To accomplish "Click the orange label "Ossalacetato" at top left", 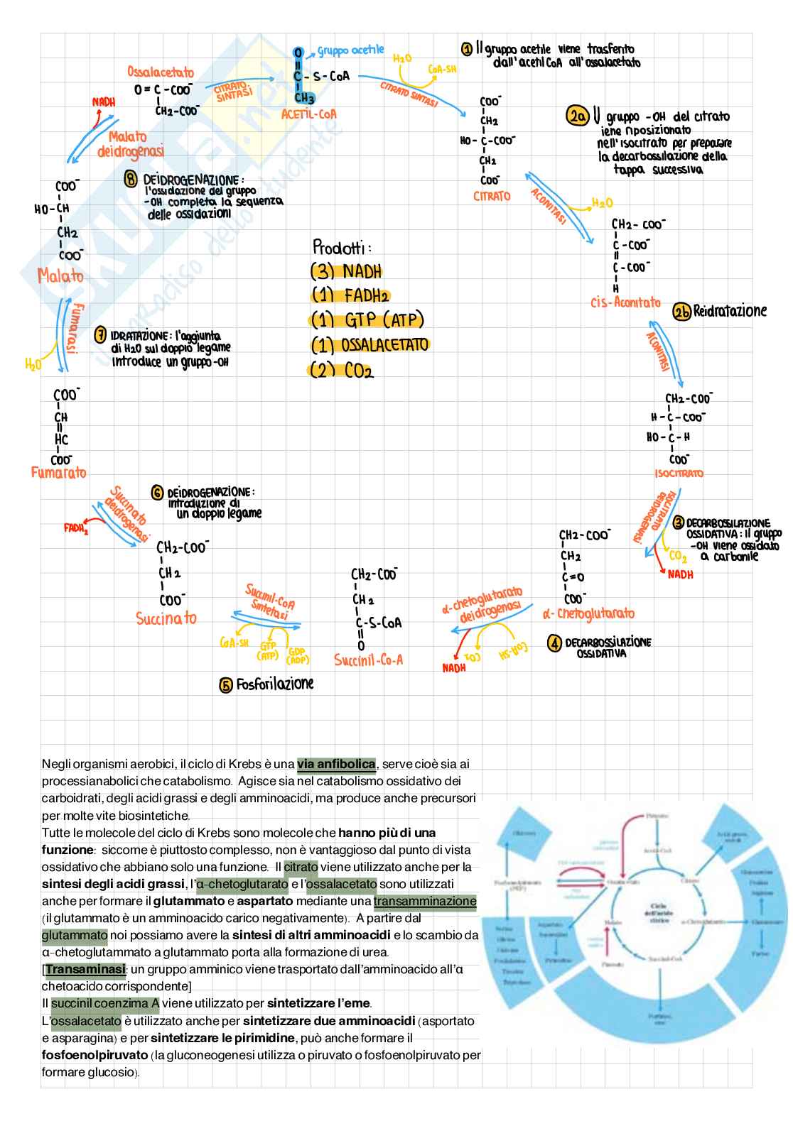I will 161,72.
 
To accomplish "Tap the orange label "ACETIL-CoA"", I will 308,114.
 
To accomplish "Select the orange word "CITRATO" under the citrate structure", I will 492,196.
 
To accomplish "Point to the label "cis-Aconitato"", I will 625,302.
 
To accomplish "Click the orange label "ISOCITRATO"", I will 679,474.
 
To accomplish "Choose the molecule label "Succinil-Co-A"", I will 368,660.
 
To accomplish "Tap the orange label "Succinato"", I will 166,618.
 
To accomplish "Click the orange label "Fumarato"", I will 59,472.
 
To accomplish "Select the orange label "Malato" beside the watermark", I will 60,275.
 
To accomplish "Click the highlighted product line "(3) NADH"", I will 346,272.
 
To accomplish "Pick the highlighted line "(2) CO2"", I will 341,371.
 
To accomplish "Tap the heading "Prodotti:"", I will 342,247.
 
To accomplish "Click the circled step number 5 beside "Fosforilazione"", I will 226,685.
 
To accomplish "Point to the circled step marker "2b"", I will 681,312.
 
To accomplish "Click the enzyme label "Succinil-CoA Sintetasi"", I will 269,601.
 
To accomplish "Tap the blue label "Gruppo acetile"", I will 350,50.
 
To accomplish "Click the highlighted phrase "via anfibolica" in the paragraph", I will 336,765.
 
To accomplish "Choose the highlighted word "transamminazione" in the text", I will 425,902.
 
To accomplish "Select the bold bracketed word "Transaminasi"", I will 85,970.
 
